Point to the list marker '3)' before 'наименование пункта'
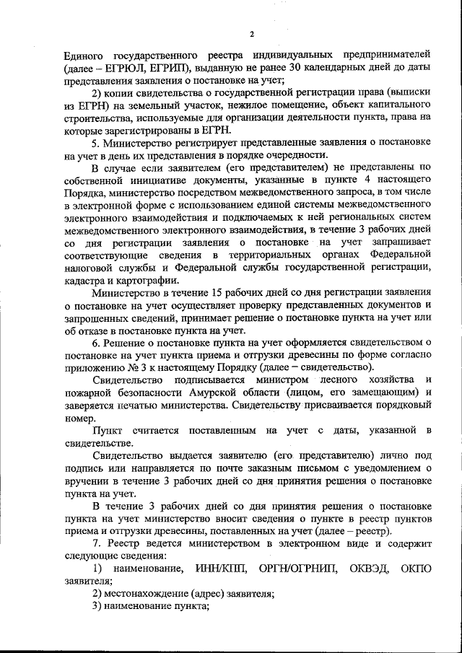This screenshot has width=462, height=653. click(x=97, y=607)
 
